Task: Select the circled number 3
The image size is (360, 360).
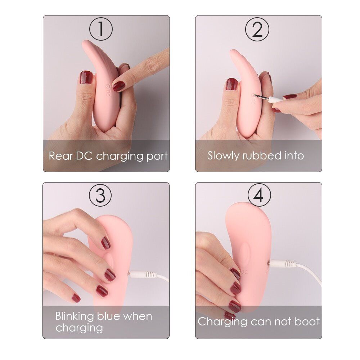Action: (100, 196)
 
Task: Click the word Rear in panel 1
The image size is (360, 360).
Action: (60, 156)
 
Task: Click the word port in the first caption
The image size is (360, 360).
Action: (156, 157)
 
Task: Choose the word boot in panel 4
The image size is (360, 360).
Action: (307, 321)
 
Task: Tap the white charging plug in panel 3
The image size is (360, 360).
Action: (142, 275)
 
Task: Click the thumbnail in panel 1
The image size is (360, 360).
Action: (86, 77)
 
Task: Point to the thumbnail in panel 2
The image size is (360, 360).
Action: (231, 84)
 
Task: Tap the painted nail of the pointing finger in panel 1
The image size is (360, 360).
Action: (119, 86)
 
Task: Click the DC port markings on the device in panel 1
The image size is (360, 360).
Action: (107, 90)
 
